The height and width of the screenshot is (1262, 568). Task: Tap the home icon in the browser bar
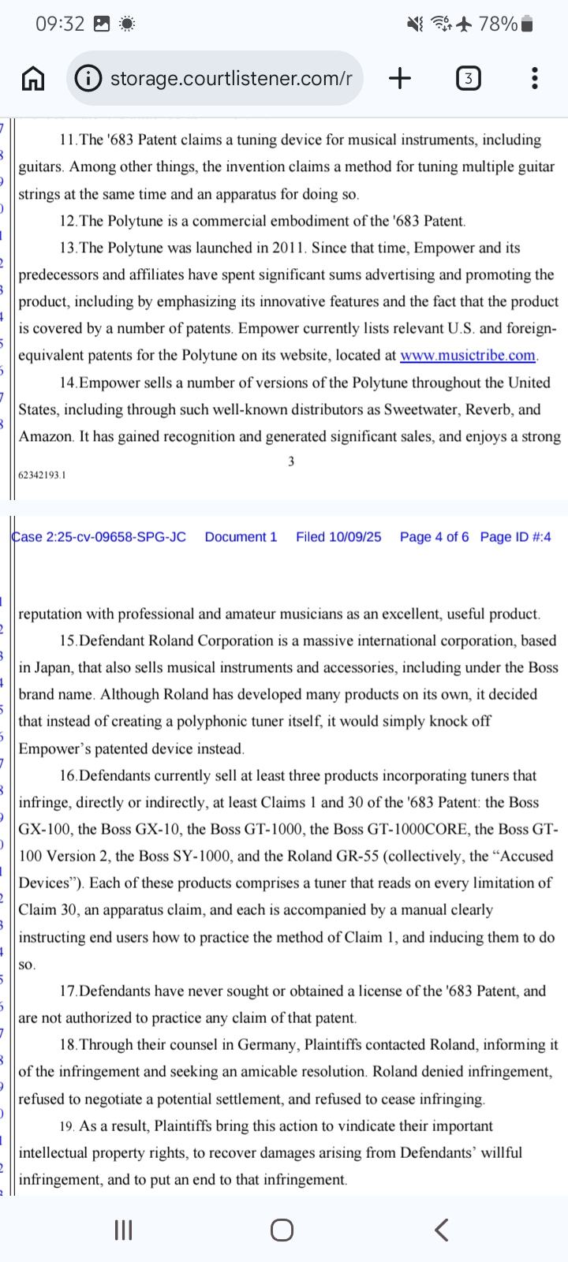pyautogui.click(x=32, y=78)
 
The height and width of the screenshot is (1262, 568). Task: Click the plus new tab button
pyautogui.click(x=400, y=78)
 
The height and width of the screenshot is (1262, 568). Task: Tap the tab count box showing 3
pyautogui.click(x=468, y=78)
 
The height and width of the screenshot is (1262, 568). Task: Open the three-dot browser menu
pyautogui.click(x=535, y=78)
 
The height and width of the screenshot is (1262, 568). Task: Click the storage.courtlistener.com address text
pyautogui.click(x=230, y=78)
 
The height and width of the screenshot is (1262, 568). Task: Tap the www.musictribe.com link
pyautogui.click(x=468, y=356)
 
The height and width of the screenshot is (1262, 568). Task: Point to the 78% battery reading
pyautogui.click(x=497, y=24)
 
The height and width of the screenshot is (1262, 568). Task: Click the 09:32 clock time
pyautogui.click(x=60, y=24)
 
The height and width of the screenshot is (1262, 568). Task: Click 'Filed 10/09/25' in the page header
pyautogui.click(x=338, y=537)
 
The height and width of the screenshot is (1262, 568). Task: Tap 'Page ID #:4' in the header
pyautogui.click(x=515, y=537)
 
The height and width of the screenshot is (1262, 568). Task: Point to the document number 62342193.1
pyautogui.click(x=43, y=475)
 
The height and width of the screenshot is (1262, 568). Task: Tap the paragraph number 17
pyautogui.click(x=69, y=991)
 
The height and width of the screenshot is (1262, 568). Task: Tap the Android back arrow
pyautogui.click(x=442, y=1229)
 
